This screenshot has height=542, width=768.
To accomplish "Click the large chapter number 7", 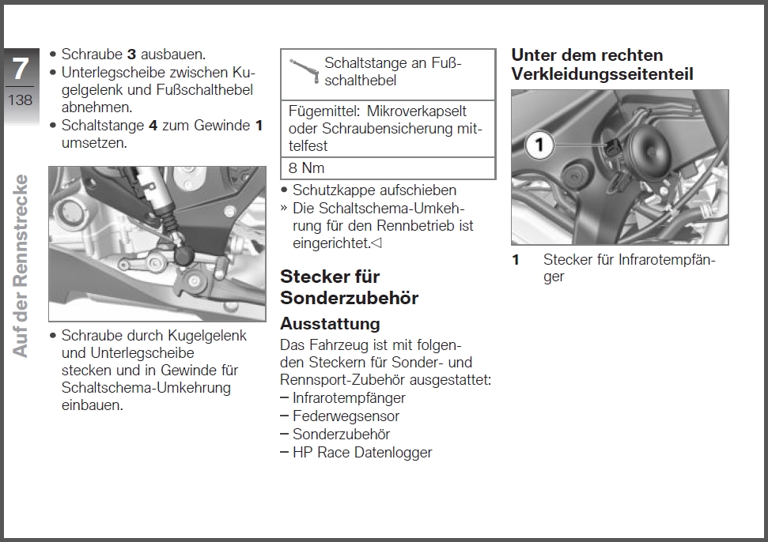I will [20, 69].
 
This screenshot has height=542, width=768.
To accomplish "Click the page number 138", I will [20, 100].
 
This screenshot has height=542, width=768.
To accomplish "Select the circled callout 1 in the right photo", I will [539, 145].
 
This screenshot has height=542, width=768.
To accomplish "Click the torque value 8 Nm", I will [306, 167].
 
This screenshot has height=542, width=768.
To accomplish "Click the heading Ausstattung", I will [330, 324].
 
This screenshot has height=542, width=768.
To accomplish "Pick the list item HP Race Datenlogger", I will [362, 453].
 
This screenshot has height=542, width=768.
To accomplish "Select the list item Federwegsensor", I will [346, 416].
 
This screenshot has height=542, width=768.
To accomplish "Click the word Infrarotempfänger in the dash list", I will [349, 398].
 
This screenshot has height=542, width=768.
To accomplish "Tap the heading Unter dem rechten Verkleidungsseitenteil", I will [602, 65].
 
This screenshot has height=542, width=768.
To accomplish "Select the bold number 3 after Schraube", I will [132, 55].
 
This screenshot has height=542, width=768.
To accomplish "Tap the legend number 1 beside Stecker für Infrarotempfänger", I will [516, 260].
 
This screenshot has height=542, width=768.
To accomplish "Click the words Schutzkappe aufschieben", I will [374, 190].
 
